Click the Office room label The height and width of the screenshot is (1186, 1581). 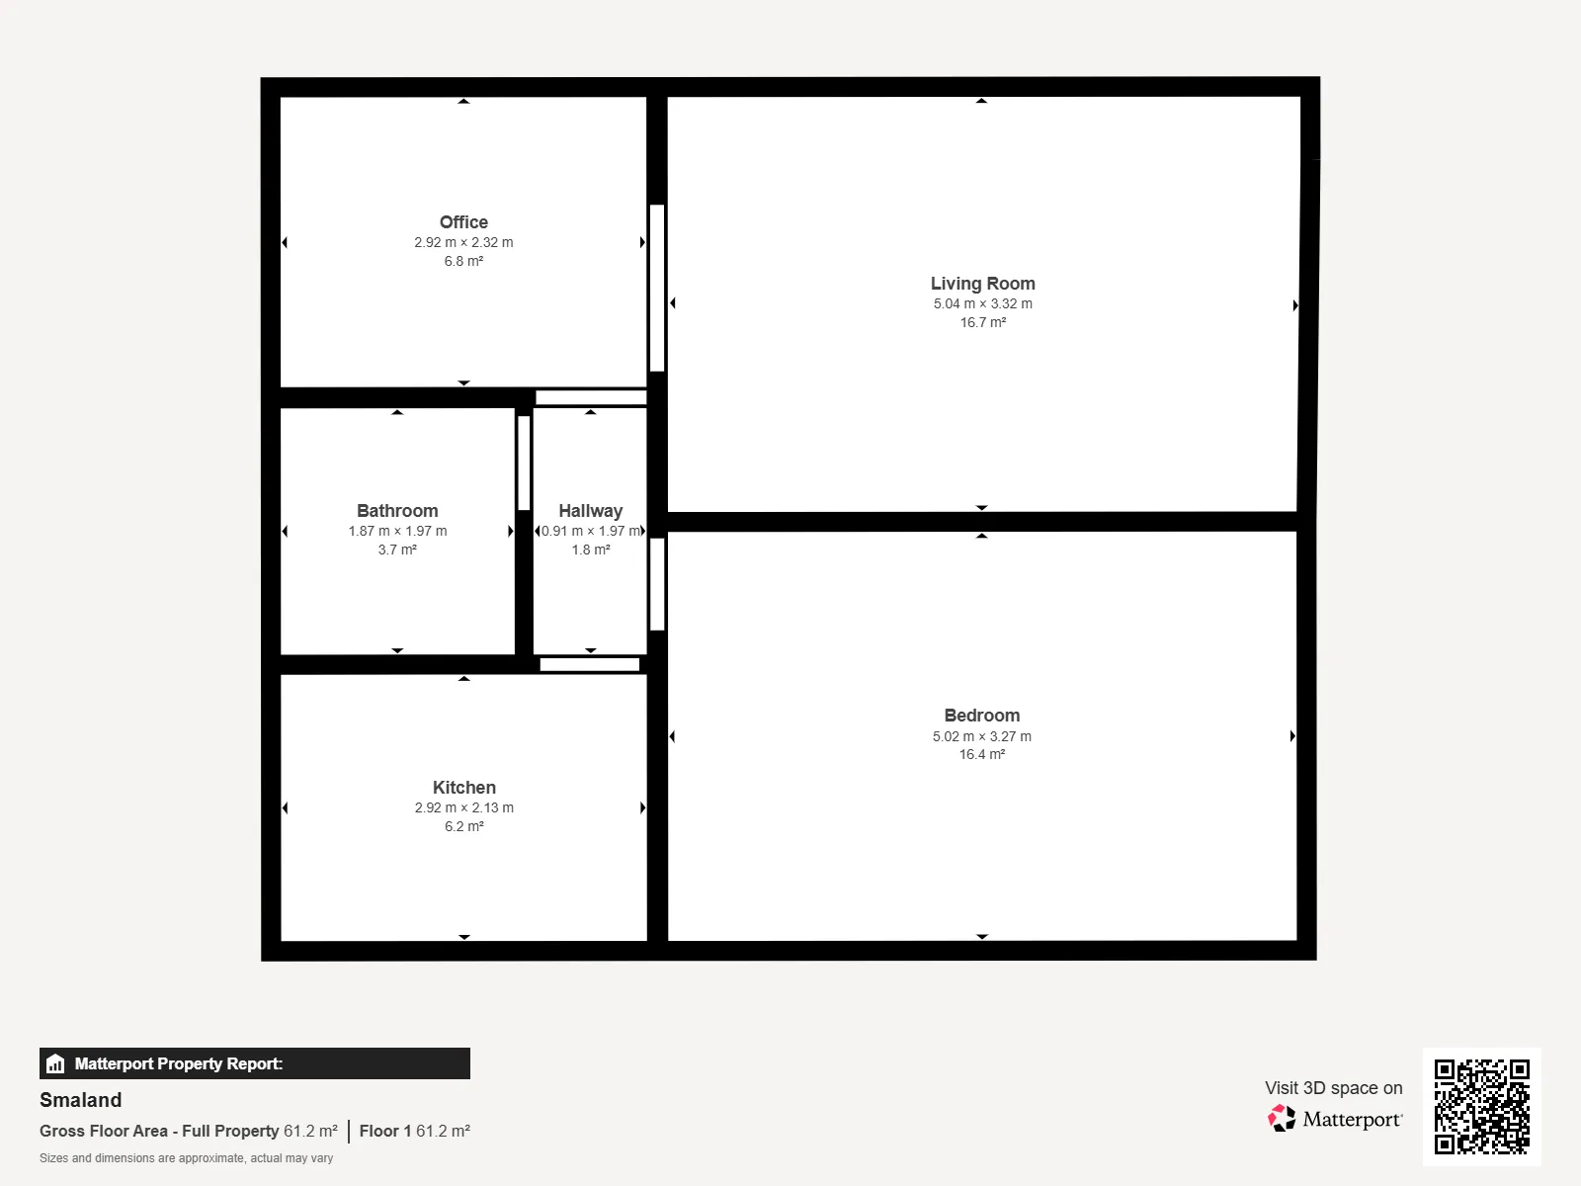[463, 221]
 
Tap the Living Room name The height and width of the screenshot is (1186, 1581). [982, 284]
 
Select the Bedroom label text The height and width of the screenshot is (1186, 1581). [982, 716]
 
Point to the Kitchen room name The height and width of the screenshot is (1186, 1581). [463, 788]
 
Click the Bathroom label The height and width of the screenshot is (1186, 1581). [397, 511]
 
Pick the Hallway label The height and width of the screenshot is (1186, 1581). [591, 511]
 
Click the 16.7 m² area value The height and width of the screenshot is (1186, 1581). [982, 322]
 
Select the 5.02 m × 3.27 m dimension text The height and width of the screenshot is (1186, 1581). [982, 736]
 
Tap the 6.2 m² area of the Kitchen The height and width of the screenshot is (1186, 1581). [463, 826]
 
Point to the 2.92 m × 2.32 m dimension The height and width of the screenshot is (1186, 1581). [463, 243]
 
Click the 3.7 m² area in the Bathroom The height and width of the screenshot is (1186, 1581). [397, 551]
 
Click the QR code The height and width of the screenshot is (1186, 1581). [1481, 1106]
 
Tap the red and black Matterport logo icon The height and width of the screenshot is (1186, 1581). [1282, 1119]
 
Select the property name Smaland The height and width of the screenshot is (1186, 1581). [81, 1100]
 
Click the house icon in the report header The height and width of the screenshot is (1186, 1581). [55, 1063]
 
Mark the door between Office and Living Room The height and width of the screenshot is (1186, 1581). [657, 288]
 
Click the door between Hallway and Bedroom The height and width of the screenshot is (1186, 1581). [657, 584]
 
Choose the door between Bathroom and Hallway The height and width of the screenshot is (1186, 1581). [524, 463]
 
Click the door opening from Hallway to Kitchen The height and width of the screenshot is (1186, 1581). [590, 664]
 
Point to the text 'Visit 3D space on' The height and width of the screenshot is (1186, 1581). [1333, 1088]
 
